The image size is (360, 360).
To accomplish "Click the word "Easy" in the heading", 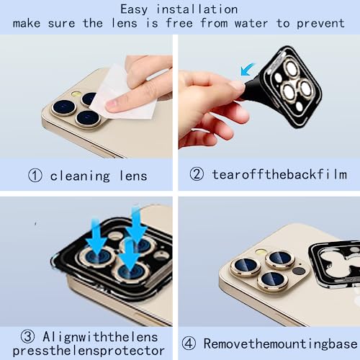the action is click(134, 10).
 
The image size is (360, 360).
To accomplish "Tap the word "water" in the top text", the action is click(251, 24).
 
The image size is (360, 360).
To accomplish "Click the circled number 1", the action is click(35, 175).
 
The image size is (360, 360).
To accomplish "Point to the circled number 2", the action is click(197, 174).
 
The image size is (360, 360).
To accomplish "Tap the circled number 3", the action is click(27, 336).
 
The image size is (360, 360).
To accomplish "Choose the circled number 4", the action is click(189, 343).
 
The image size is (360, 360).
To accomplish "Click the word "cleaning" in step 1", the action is click(80, 176).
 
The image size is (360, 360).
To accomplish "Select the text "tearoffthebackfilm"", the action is click(279, 174).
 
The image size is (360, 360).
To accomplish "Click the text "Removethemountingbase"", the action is click(280, 343).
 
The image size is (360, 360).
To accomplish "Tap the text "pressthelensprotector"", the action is click(89, 351).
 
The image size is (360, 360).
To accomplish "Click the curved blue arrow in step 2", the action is click(247, 69).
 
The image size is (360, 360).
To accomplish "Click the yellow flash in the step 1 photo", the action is click(77, 94).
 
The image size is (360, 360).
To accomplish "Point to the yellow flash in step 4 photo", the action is click(261, 252).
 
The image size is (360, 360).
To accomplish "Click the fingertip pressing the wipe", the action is click(113, 105).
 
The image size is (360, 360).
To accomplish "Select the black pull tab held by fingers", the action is click(252, 89).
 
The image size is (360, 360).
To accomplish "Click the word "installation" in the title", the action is click(197, 10).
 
